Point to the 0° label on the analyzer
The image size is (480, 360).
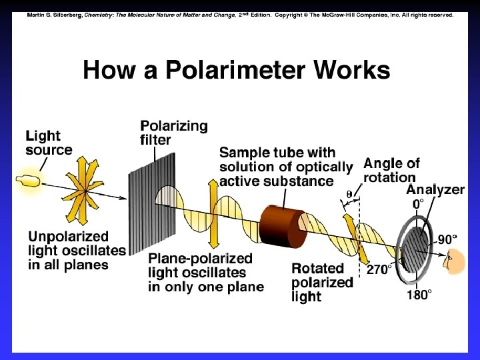[x=418, y=204]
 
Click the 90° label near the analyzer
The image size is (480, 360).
[x=447, y=239]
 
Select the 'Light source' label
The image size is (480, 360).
[x=49, y=143]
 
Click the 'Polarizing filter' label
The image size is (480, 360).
[x=173, y=133]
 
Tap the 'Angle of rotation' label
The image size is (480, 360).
[x=391, y=170]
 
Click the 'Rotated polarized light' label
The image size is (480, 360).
[x=322, y=282]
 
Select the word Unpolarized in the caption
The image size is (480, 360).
[x=68, y=236]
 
